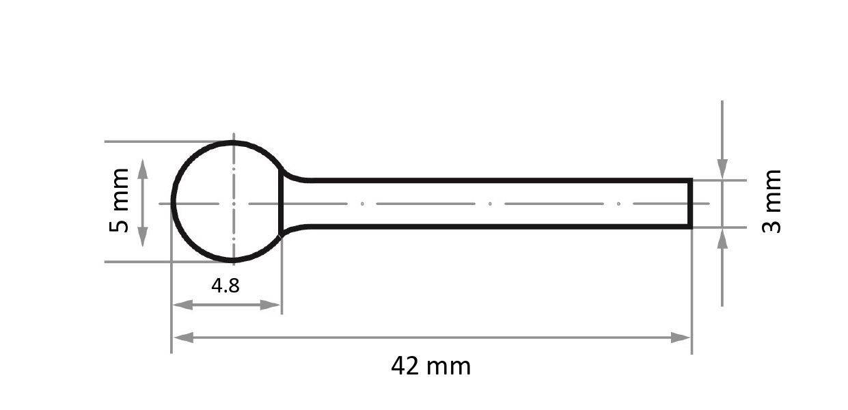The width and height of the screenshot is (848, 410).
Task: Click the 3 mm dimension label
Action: pyautogui.click(x=771, y=202)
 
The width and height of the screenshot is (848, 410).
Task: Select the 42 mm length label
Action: pyautogui.click(x=430, y=366)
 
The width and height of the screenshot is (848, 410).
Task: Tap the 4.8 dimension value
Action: pyautogui.click(x=225, y=285)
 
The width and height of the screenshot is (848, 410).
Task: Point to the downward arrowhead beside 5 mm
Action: pyautogui.click(x=143, y=237)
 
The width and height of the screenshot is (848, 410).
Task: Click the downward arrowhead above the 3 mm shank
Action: pyautogui.click(x=722, y=169)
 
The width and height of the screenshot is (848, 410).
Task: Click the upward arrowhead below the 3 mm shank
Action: pyautogui.click(x=722, y=237)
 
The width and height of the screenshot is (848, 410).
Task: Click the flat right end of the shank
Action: pyautogui.click(x=691, y=203)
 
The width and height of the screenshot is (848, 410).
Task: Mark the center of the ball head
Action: pyautogui.click(x=233, y=203)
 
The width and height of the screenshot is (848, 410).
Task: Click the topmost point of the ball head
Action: pyautogui.click(x=233, y=143)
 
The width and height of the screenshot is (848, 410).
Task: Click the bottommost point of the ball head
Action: pyautogui.click(x=233, y=261)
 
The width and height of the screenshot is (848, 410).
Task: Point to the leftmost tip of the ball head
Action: pyautogui.click(x=172, y=203)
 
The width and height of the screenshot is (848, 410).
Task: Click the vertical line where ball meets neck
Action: pyautogui.click(x=281, y=203)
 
